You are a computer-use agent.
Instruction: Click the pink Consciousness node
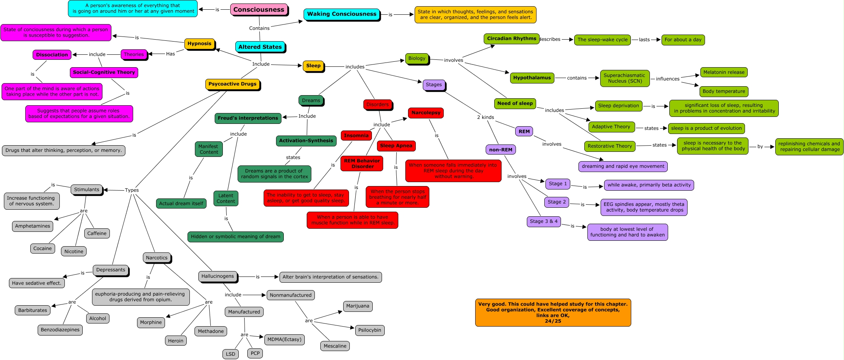click(259, 10)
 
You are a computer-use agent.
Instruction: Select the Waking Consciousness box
click(342, 14)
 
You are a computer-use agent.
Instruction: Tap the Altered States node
click(260, 47)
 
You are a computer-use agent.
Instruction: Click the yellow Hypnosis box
click(199, 44)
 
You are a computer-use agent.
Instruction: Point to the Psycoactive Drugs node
click(232, 84)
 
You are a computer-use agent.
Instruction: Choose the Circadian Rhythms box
click(511, 39)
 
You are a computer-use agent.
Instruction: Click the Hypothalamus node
click(531, 78)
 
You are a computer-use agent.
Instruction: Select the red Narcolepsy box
click(425, 113)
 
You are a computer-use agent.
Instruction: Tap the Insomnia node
click(356, 136)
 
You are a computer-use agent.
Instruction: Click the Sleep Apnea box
click(396, 146)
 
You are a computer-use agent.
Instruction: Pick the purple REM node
click(524, 132)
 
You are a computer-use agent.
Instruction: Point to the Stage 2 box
click(556, 202)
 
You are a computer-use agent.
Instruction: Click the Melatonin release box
click(724, 72)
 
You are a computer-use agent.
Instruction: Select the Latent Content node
click(226, 198)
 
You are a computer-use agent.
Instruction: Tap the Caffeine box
click(97, 233)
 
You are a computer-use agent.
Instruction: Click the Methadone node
click(210, 331)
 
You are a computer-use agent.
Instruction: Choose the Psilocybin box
click(370, 330)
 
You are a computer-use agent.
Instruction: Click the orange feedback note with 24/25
click(553, 313)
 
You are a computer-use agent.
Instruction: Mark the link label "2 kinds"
click(485, 117)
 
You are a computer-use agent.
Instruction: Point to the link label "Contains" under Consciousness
click(259, 28)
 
